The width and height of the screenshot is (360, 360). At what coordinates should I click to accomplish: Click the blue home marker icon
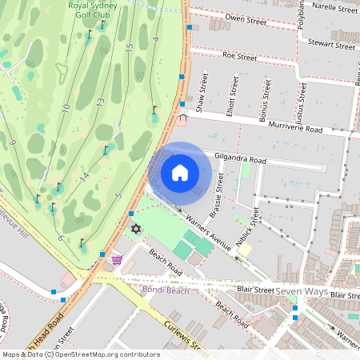pos(180,172)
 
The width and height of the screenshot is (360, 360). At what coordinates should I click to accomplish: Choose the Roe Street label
pos(239,57)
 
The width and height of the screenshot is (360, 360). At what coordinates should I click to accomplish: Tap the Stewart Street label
pos(331,46)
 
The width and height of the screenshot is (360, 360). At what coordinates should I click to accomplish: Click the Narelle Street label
pos(334,8)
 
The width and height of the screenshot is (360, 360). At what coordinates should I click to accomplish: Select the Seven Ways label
pos(302,291)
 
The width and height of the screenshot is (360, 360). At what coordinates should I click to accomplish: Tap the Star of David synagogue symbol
pos(134,230)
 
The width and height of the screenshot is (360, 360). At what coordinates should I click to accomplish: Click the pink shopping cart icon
pos(117,259)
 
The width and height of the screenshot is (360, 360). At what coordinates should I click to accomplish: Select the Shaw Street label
pos(204,92)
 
